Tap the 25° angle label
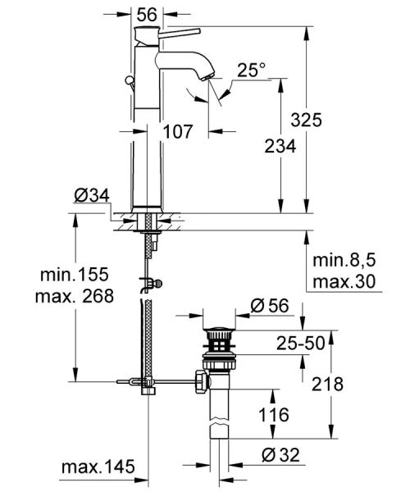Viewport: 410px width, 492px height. click(x=251, y=72)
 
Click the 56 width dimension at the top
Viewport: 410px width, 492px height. click(x=148, y=14)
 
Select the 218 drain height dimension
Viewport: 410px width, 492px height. click(x=327, y=385)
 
